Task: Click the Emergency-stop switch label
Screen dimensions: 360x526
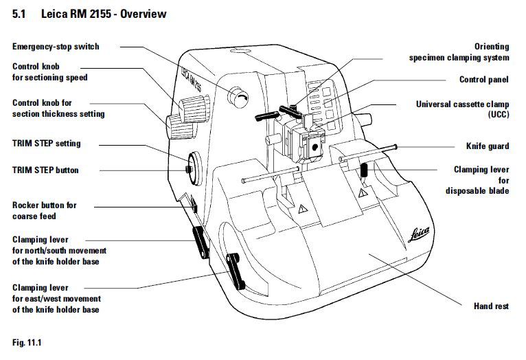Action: pos(56,47)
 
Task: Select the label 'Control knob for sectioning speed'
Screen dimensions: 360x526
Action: pos(50,72)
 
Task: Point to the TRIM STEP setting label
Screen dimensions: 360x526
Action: pos(46,144)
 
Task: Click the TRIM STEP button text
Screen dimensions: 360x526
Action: pos(45,170)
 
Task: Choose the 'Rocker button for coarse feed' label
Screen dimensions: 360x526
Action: pos(45,210)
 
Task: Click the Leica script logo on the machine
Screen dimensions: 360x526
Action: pos(407,236)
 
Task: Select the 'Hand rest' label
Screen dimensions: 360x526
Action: pos(491,306)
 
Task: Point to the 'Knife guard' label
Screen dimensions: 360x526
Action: pos(488,146)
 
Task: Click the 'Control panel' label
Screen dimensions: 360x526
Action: pos(484,80)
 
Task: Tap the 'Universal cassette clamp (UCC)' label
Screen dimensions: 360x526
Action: pos(462,109)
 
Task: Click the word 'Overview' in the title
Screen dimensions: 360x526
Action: pos(143,14)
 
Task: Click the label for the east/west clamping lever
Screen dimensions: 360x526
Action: pos(56,299)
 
